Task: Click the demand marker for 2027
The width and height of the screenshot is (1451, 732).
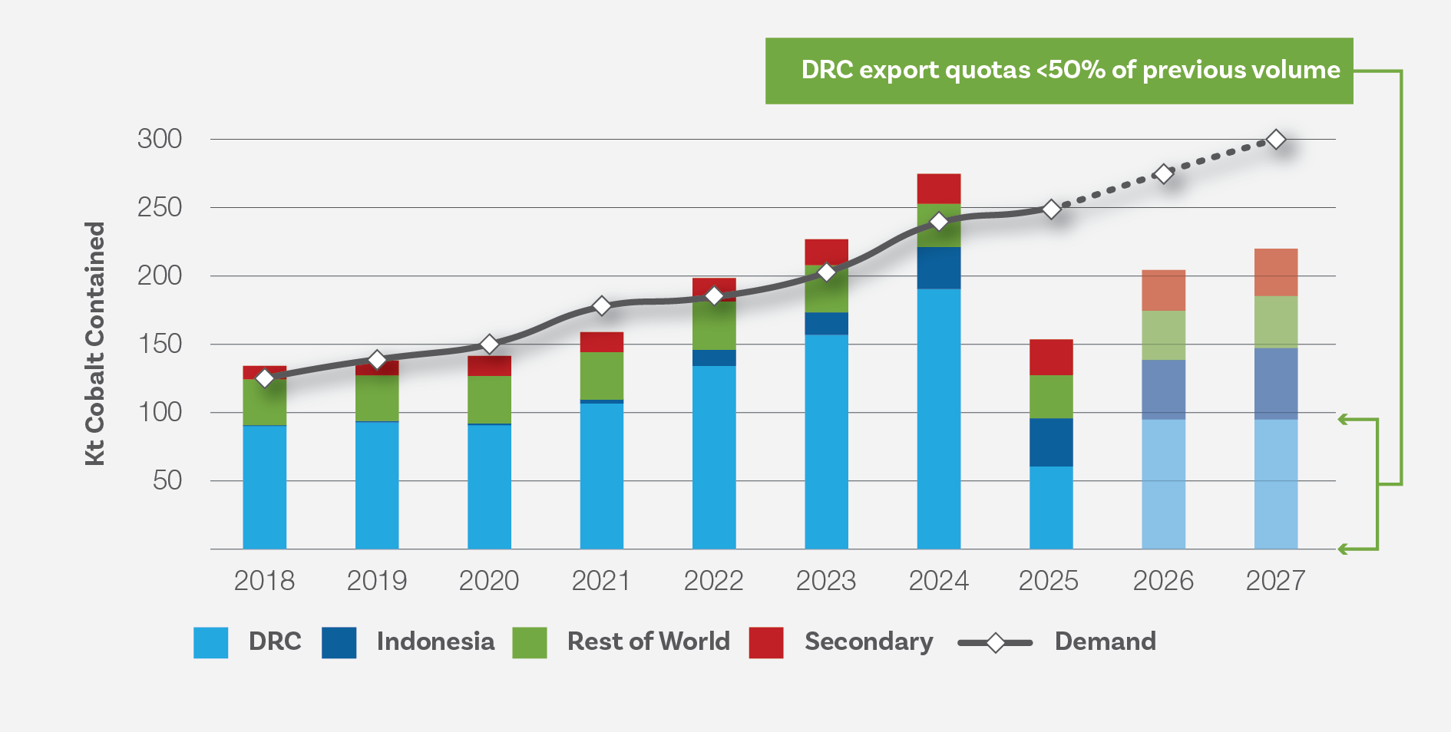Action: (1275, 140)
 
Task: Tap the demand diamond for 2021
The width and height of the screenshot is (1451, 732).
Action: (602, 306)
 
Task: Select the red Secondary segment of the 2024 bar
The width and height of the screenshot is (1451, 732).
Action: (938, 189)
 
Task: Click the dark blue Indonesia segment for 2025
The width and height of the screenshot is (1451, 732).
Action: (1051, 442)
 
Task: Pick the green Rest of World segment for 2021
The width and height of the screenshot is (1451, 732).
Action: (602, 376)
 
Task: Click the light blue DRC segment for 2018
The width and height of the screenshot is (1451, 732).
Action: (265, 486)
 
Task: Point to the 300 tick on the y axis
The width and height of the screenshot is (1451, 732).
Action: (160, 139)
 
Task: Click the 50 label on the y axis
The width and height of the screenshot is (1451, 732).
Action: (167, 480)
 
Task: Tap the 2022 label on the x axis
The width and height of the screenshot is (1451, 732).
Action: (713, 581)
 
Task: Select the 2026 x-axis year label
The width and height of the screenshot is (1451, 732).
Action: (1163, 581)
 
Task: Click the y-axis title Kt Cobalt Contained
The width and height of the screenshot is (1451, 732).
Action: (94, 343)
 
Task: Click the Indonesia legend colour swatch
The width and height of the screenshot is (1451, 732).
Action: (339, 642)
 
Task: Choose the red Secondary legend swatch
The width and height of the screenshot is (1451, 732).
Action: (766, 642)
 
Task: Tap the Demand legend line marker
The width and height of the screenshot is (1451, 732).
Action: (995, 642)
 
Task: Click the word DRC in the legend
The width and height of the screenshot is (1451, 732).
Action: (275, 641)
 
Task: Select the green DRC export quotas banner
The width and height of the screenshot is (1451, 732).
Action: (1059, 71)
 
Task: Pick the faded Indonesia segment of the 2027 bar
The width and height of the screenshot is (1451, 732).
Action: (1275, 384)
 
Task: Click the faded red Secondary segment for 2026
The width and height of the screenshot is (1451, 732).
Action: (1163, 290)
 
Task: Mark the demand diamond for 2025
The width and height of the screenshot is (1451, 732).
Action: (1051, 209)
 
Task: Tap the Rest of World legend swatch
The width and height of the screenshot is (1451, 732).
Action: (530, 642)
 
